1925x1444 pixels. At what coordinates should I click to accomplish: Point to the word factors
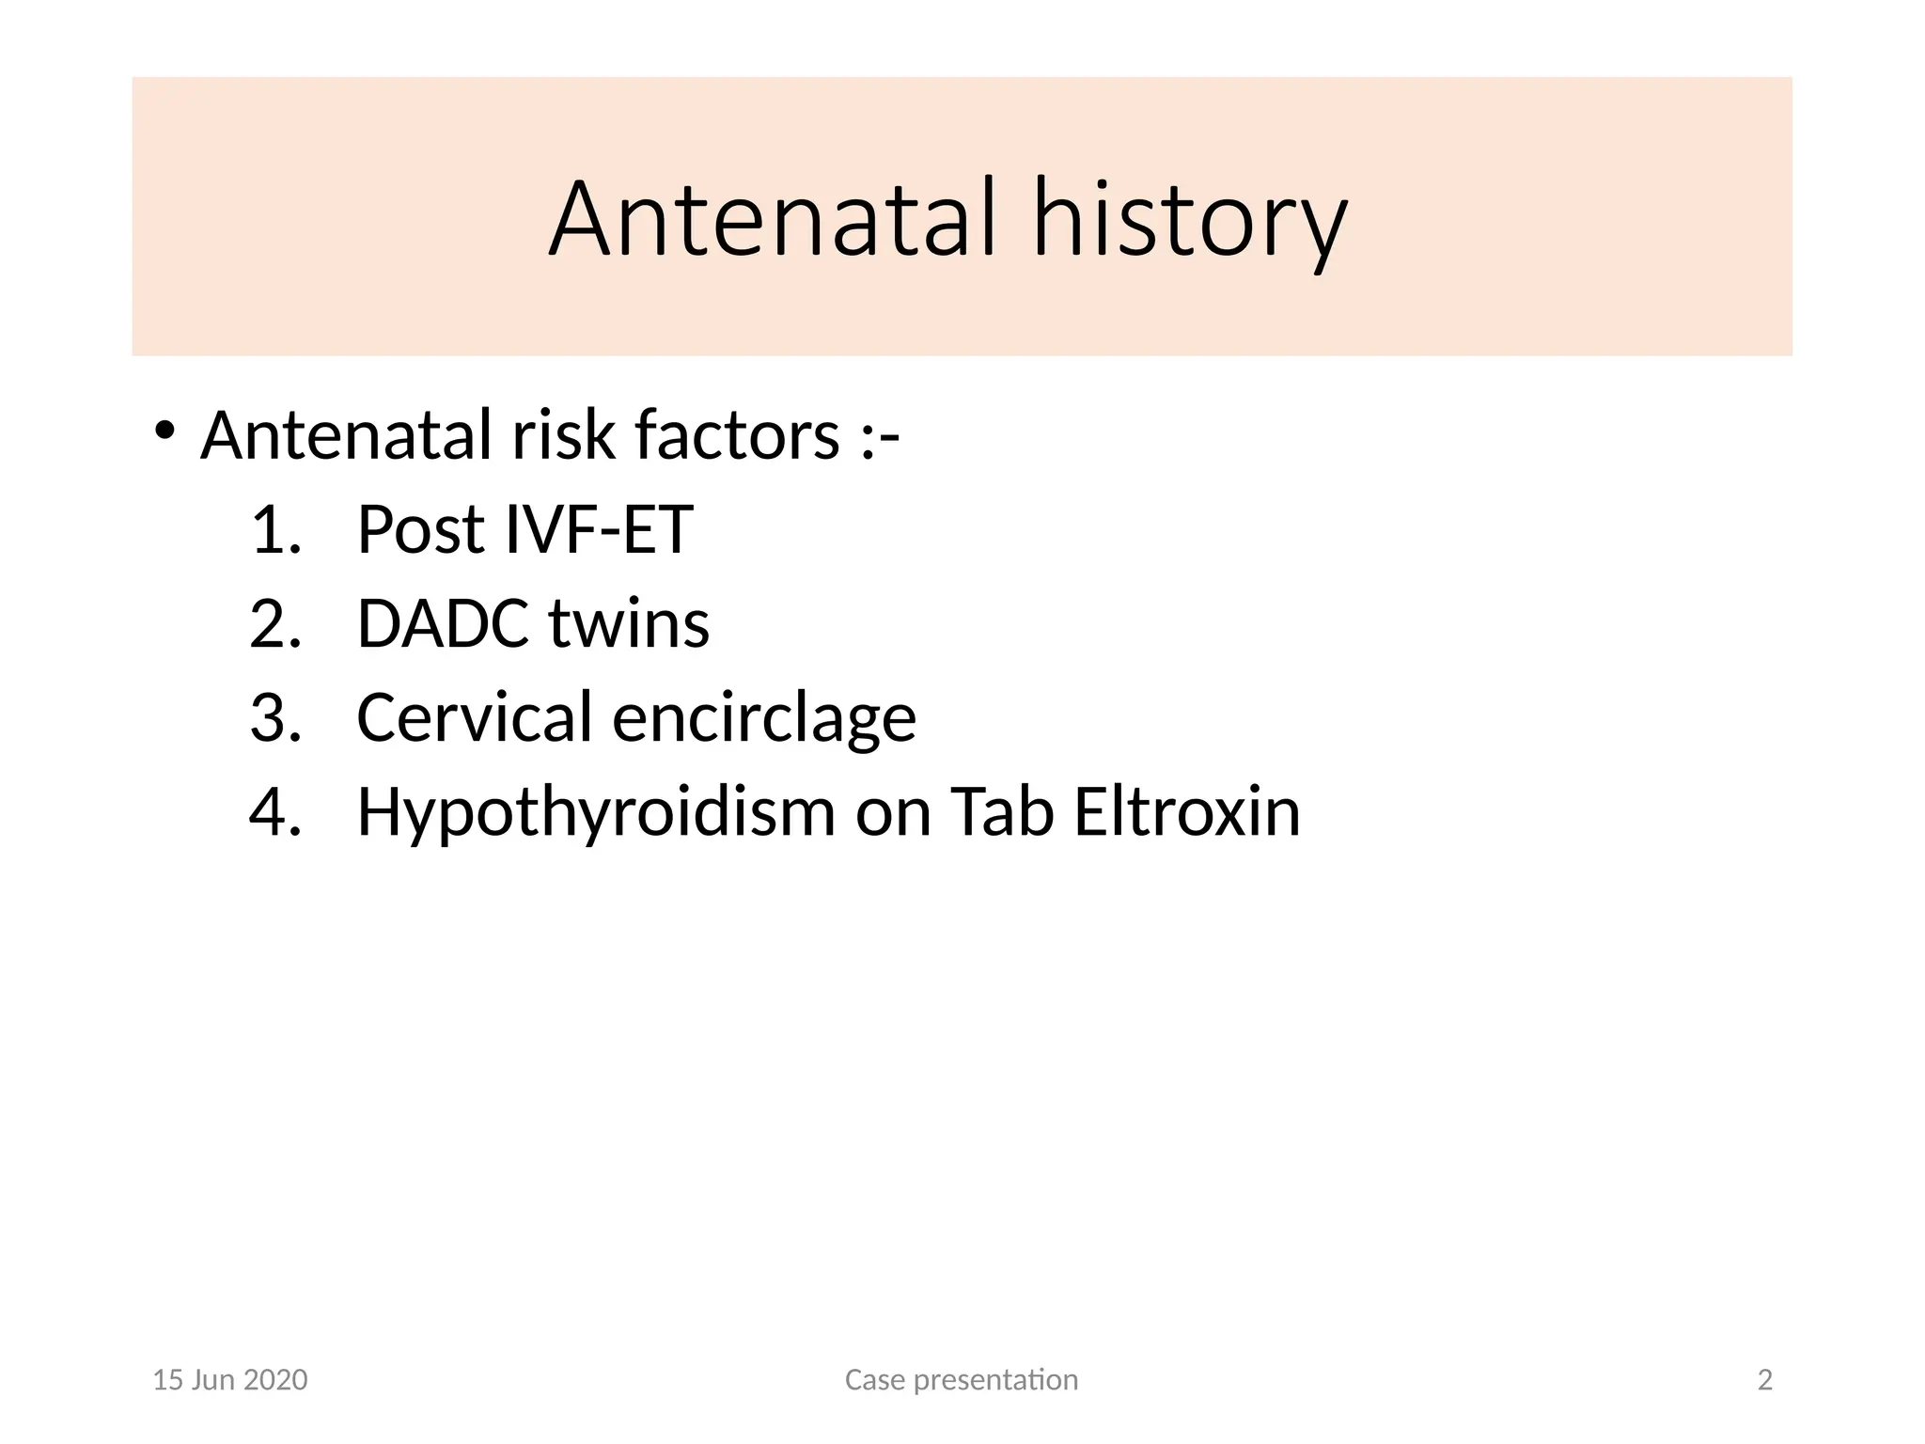point(737,435)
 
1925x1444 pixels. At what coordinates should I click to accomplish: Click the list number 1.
point(274,529)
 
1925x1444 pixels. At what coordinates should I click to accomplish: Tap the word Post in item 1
point(421,529)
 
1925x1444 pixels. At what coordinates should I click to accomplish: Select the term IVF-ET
point(599,529)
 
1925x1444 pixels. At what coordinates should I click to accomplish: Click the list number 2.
point(274,623)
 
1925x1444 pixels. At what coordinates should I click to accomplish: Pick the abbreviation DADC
point(443,623)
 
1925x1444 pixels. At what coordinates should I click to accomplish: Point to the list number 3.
point(274,717)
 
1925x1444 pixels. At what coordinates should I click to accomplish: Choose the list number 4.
point(274,811)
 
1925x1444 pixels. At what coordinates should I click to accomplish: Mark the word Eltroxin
point(1187,811)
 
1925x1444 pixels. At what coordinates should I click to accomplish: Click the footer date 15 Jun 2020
point(230,1380)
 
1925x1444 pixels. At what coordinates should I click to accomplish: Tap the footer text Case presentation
point(962,1380)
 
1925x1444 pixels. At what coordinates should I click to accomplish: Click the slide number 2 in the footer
point(1765,1380)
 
